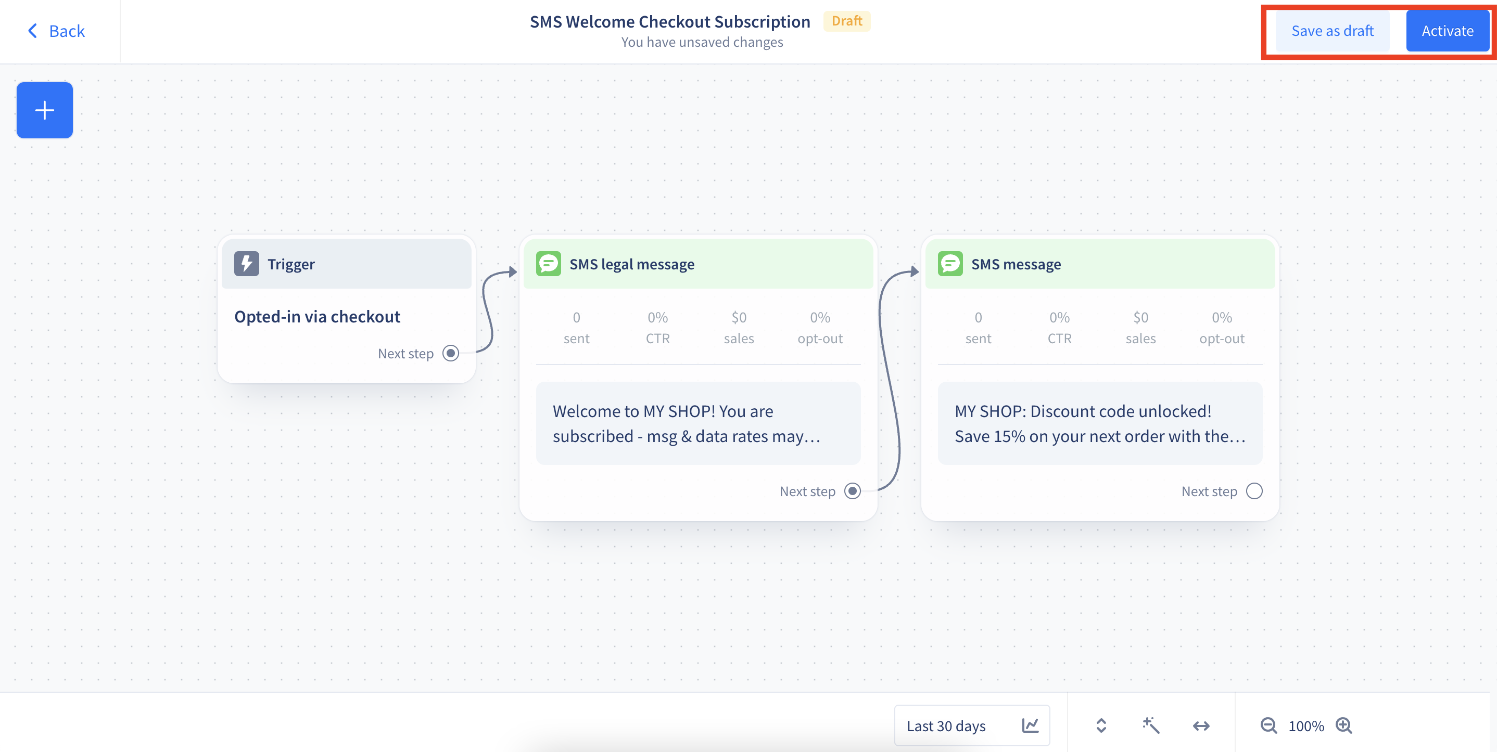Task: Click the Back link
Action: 56,31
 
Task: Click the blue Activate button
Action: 1447,31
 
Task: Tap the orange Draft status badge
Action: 847,21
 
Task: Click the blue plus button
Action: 45,110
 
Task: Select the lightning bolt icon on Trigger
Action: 246,264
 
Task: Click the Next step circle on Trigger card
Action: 451,353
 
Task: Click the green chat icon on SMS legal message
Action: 548,264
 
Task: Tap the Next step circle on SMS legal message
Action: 853,491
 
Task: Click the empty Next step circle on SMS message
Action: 1254,491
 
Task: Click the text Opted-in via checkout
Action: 318,317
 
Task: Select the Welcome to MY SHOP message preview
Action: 698,423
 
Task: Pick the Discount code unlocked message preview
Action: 1100,423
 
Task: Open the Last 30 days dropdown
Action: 972,725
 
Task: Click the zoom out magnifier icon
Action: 1268,726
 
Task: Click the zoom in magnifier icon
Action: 1344,726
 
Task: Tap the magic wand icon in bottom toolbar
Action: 1151,725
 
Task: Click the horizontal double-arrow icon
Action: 1201,726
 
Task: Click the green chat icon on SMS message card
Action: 950,264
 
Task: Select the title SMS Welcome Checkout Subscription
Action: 670,21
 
